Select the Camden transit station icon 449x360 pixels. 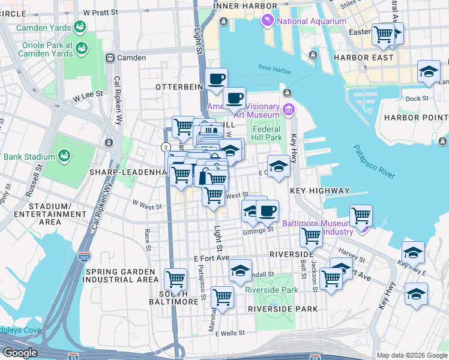pos(110,58)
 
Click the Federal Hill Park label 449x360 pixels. pos(267,133)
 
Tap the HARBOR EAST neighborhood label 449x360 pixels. pos(364,58)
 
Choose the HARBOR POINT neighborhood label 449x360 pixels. pos(416,117)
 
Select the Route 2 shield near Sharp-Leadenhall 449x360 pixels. pos(164,146)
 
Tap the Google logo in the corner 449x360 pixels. pos(20,352)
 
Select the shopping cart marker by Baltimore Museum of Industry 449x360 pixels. pos(361,215)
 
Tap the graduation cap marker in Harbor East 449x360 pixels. pos(429,71)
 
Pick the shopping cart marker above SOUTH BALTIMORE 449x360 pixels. pos(175,279)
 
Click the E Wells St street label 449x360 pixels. pos(230,333)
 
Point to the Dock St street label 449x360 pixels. pos(417,98)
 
